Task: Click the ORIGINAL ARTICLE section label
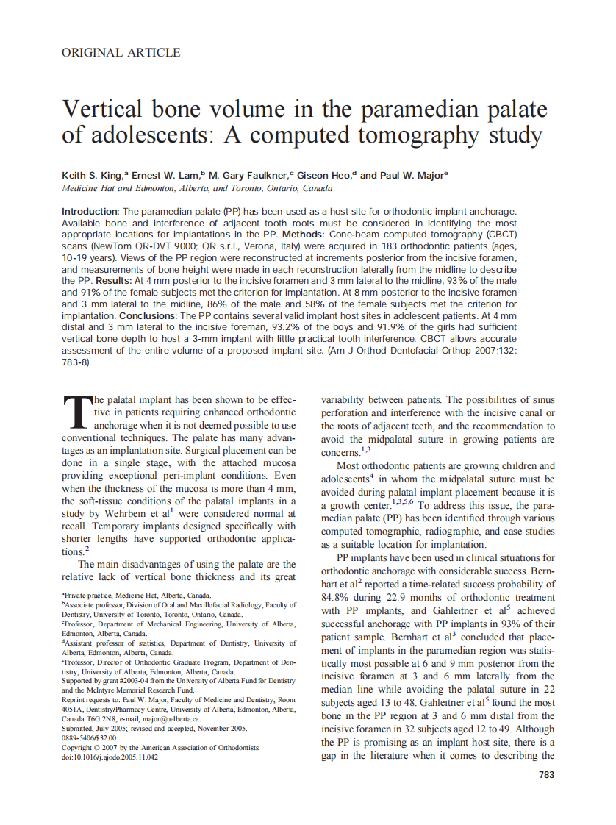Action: (121, 53)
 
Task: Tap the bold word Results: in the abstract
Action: (112, 280)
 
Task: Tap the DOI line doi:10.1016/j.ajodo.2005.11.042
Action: (110, 757)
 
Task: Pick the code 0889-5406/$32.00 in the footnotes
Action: (89, 737)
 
